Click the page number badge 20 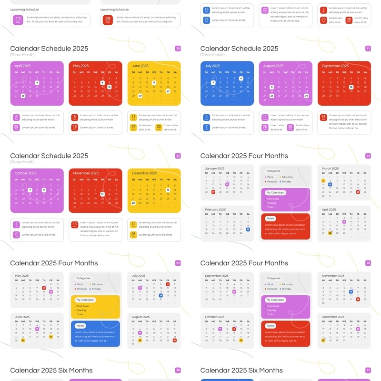[x=178, y=48]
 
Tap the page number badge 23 [x=368, y=156]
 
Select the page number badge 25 [x=368, y=263]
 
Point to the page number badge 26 [x=178, y=370]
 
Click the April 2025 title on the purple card [x=22, y=66]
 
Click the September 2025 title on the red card [x=335, y=66]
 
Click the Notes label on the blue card [x=80, y=326]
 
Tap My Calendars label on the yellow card [x=85, y=300]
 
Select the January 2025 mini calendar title [x=215, y=169]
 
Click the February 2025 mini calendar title [x=215, y=210]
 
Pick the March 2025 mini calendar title [x=330, y=169]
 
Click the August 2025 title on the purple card [x=273, y=66]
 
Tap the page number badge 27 [x=368, y=370]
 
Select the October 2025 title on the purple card [x=25, y=173]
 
